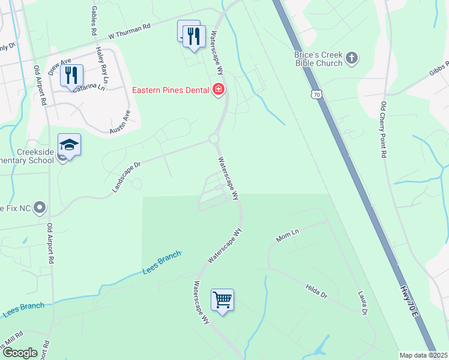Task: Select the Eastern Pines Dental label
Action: tap(170, 91)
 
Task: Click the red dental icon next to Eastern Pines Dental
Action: tap(218, 91)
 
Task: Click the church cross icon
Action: tap(352, 59)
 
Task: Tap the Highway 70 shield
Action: tap(316, 94)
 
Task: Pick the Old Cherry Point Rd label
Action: tap(384, 130)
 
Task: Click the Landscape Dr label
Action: tap(125, 176)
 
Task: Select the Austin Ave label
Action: tap(120, 122)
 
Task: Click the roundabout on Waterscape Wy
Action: tap(214, 139)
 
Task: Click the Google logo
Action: tap(20, 353)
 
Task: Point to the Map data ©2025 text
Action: tap(423, 355)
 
